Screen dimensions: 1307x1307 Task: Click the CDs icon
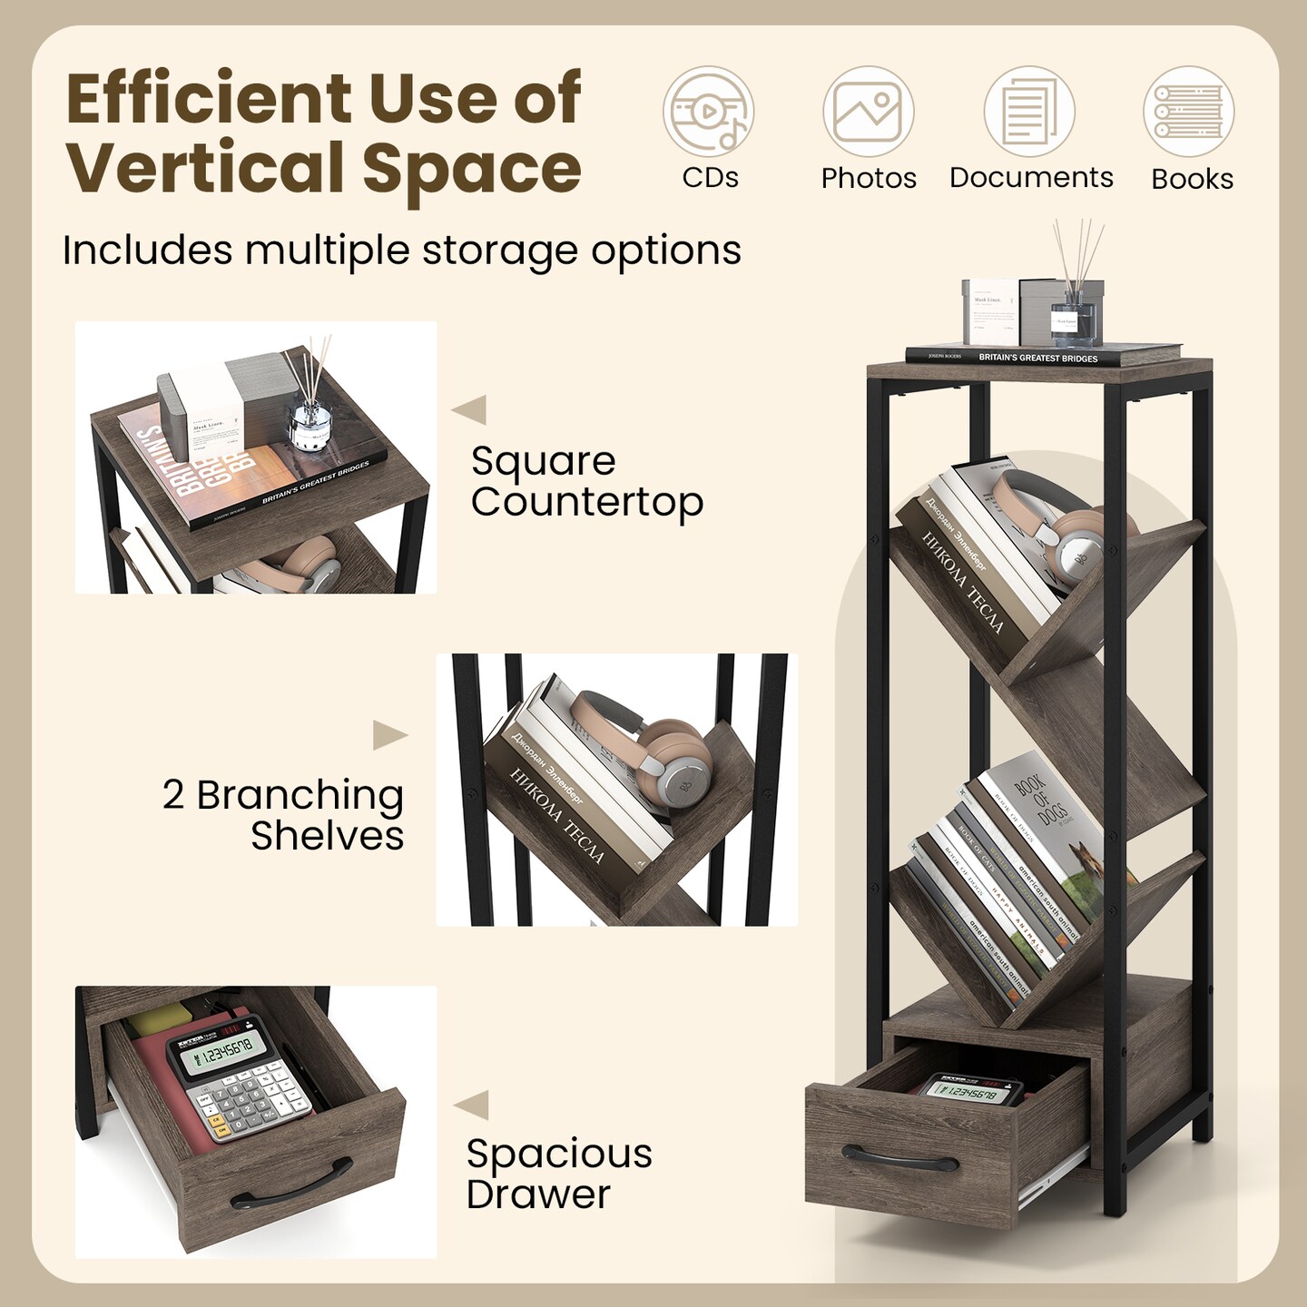708,113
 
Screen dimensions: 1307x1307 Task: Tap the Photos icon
868,113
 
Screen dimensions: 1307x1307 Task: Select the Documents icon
1029,113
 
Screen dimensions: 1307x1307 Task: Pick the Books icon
1189,113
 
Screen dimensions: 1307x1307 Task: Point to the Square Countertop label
586,481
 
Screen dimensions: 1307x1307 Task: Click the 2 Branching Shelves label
283,814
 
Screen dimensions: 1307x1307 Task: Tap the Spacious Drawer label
558,1174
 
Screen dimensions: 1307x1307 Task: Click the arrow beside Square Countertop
469,409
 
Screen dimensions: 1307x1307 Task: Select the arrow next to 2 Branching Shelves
389,734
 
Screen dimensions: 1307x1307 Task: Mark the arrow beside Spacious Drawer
471,1105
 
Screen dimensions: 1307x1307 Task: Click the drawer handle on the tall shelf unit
899,1158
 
